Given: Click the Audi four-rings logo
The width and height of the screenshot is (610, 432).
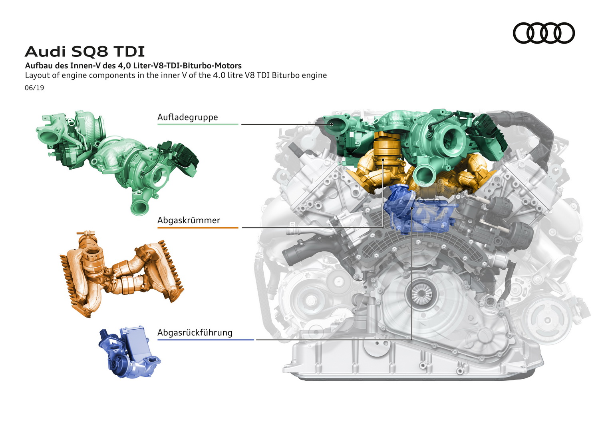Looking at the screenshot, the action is click(x=544, y=33).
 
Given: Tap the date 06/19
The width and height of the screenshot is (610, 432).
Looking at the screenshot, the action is click(x=34, y=88).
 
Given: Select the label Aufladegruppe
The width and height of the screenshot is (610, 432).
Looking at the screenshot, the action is click(x=188, y=117).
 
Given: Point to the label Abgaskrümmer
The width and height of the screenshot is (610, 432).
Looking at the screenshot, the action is click(x=189, y=220).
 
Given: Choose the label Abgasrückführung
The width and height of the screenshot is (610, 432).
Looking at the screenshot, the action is click(x=195, y=333).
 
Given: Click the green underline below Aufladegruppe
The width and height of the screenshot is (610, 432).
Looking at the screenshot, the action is click(x=198, y=124).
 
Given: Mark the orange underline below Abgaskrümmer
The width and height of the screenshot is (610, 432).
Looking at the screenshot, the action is click(x=198, y=228).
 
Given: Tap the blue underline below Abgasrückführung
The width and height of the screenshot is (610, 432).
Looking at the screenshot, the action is click(x=206, y=340).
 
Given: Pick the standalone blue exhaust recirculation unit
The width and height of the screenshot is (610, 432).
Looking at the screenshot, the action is click(x=129, y=352).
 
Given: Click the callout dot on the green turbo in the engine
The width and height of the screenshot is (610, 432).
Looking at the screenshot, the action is click(x=332, y=124).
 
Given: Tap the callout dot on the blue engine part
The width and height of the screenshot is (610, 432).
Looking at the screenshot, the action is click(x=412, y=208).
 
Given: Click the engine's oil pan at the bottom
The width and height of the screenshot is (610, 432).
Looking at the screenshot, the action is click(x=413, y=363).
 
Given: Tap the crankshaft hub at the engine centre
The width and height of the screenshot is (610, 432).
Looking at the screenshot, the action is click(x=421, y=294).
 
